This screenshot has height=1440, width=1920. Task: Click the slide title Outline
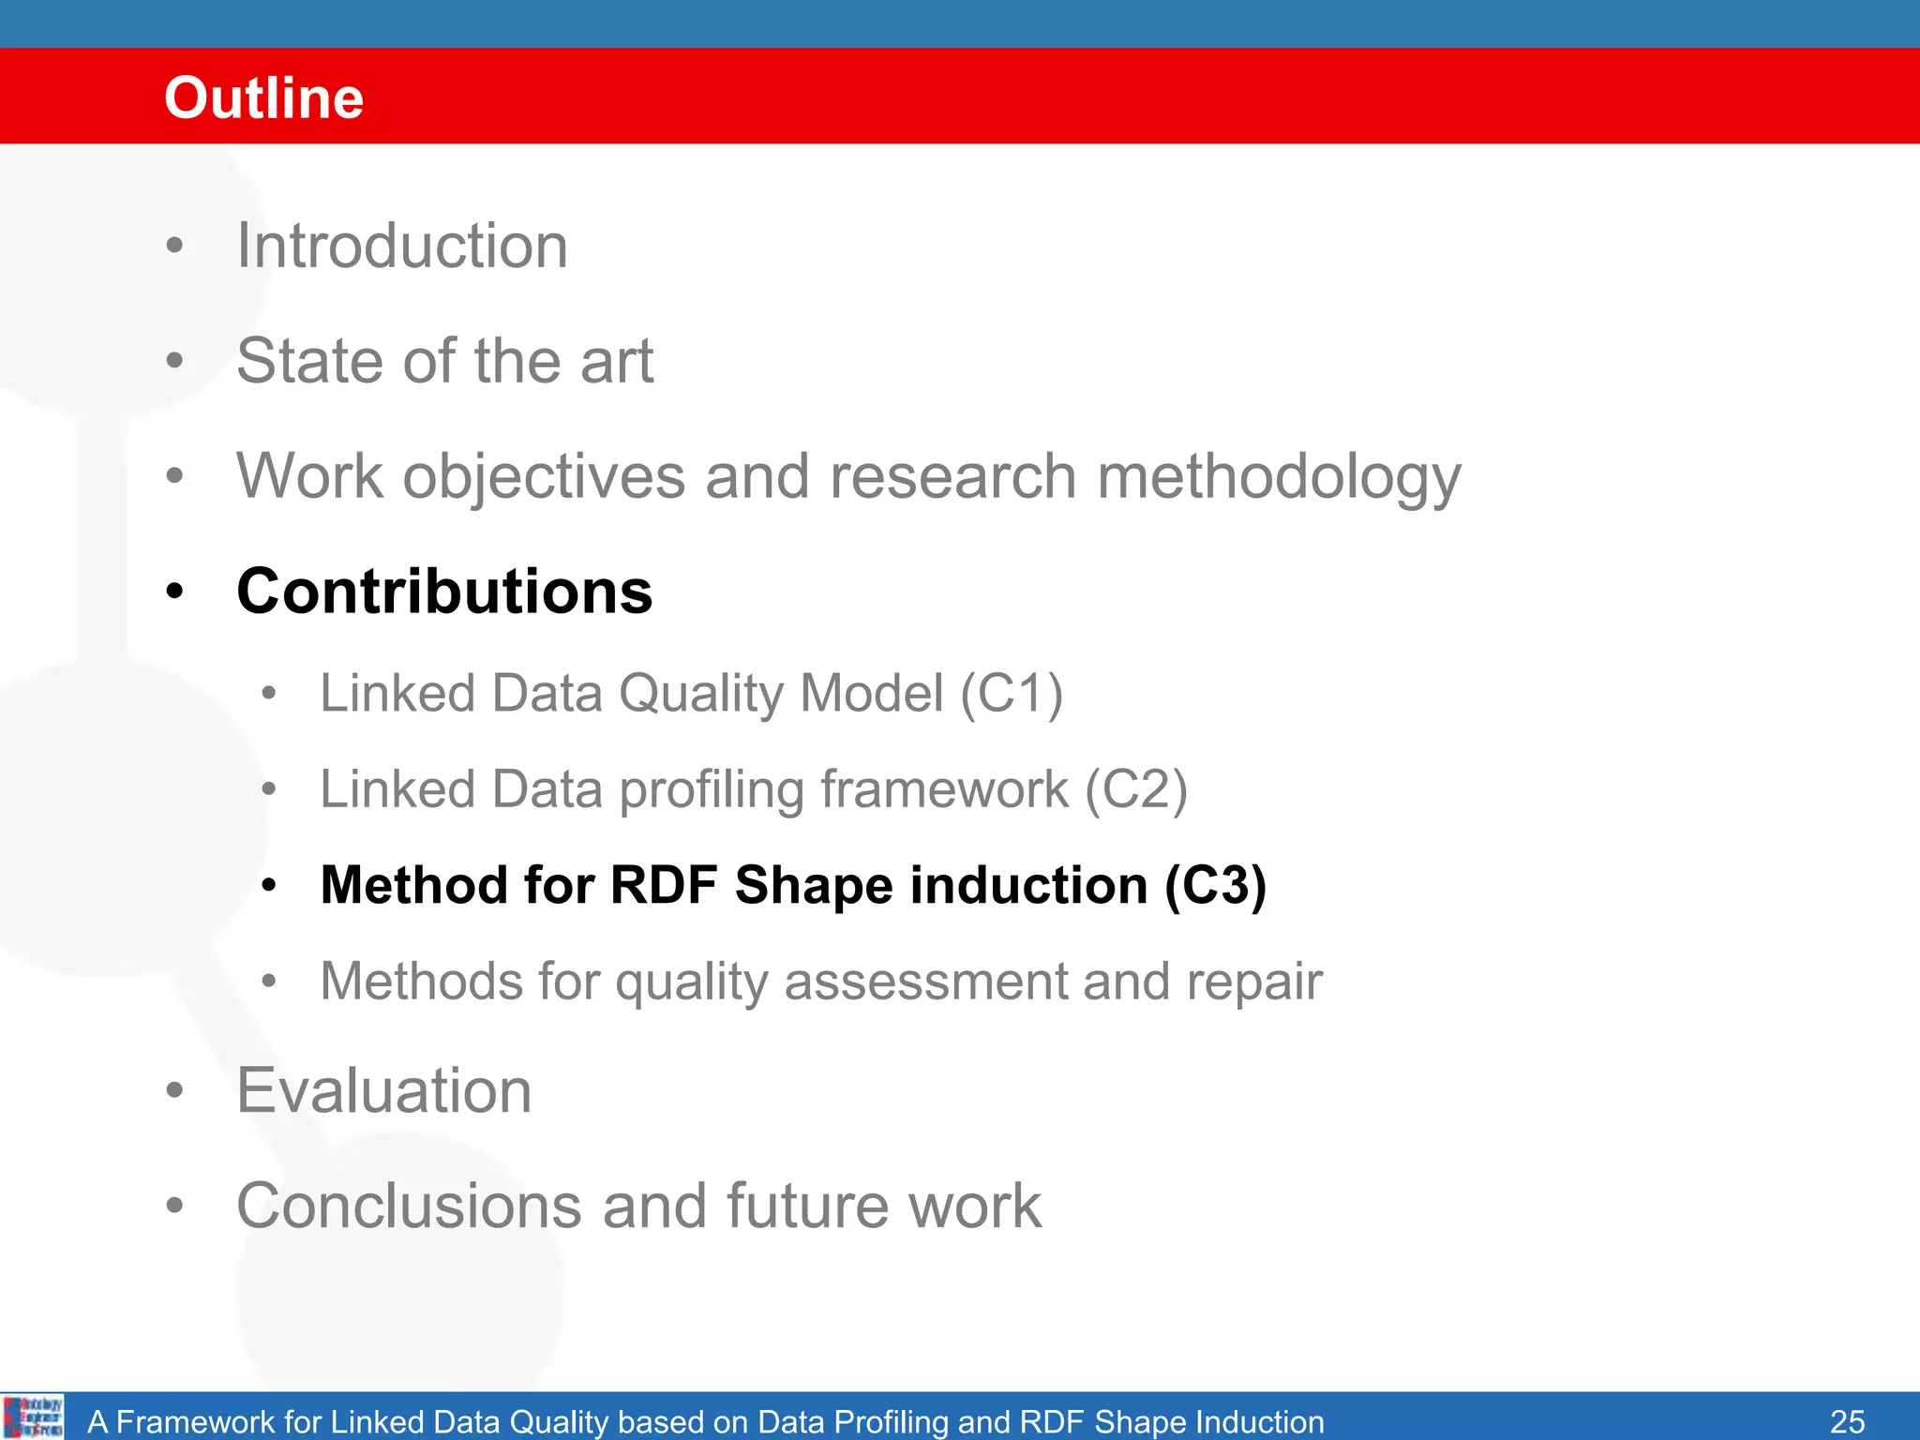click(263, 97)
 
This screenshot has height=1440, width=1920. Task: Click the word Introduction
click(402, 247)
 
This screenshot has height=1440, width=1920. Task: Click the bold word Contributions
click(444, 592)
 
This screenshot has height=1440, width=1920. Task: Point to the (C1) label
click(1012, 695)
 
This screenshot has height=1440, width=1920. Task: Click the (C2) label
click(1136, 790)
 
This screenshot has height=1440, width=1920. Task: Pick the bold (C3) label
click(1215, 886)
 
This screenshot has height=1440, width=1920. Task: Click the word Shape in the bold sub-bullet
click(814, 886)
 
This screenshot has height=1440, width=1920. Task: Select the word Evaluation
click(384, 1091)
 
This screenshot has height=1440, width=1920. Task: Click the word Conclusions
click(409, 1207)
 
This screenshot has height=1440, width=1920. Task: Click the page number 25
click(1847, 1421)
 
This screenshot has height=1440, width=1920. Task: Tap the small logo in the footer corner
click(33, 1417)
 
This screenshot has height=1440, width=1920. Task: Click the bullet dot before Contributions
click(174, 592)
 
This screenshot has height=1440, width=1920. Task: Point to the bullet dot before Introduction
click(174, 247)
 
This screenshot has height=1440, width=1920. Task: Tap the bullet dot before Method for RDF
click(269, 886)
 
